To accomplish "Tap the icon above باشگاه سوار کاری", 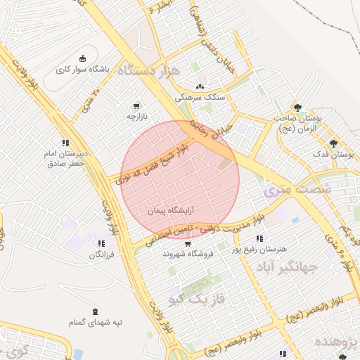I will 84,58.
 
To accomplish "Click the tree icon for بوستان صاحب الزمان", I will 297,108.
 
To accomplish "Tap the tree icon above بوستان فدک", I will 344,143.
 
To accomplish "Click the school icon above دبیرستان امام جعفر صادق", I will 65,143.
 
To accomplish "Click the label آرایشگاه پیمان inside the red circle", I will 171,210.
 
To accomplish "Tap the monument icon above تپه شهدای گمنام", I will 96,311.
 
